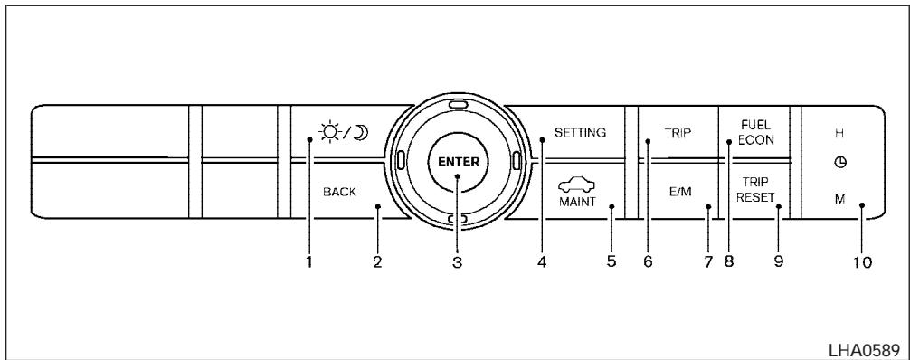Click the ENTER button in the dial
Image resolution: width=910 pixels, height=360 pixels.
459,162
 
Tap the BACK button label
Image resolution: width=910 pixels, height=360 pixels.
339,192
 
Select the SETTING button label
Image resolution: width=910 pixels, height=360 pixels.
581,132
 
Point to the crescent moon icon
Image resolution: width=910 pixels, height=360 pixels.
362,133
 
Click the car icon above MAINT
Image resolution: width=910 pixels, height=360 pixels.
577,185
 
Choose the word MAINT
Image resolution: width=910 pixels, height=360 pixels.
577,202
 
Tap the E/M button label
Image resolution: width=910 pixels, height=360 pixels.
680,192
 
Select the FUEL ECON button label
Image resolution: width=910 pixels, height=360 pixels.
756,133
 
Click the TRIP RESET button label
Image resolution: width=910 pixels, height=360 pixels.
755,190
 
